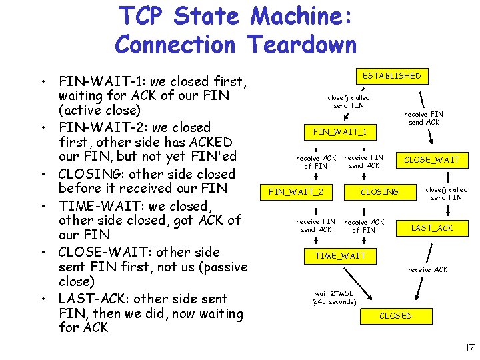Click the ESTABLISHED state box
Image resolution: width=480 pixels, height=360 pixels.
pyautogui.click(x=391, y=76)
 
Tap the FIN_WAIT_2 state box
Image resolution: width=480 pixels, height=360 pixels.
pyautogui.click(x=295, y=192)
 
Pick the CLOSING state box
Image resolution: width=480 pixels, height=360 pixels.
pyautogui.click(x=379, y=192)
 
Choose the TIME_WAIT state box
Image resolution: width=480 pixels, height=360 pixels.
pyautogui.click(x=340, y=256)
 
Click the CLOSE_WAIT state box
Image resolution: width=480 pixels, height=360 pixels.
pyautogui.click(x=431, y=160)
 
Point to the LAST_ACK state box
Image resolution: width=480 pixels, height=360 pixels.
pyautogui.click(x=431, y=228)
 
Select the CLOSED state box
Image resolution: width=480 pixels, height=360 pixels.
pyautogui.click(x=395, y=315)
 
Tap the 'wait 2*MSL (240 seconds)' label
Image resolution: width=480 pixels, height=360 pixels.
pyautogui.click(x=334, y=297)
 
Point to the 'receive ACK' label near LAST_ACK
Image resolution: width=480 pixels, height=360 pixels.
pyautogui.click(x=427, y=269)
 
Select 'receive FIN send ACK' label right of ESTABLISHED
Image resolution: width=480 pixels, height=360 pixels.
pyautogui.click(x=425, y=118)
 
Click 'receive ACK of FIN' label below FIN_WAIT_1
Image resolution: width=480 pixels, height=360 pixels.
pyautogui.click(x=316, y=162)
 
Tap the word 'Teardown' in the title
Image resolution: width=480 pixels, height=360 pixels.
pyautogui.click(x=301, y=45)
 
